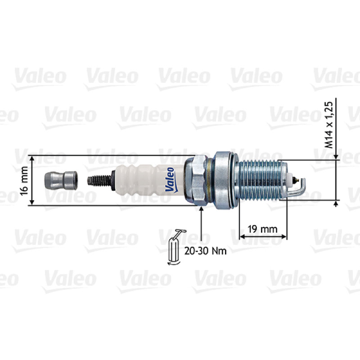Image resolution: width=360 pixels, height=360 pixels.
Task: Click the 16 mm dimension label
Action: click(24, 181)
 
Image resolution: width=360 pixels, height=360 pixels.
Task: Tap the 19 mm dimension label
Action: click(263, 229)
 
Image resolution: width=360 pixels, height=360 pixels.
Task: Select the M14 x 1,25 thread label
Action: click(328, 125)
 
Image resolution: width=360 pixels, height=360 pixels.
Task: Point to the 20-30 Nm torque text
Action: click(206, 251)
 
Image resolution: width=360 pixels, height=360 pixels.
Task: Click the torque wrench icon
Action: click(175, 247)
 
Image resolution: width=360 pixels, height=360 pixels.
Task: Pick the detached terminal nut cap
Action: click(61, 180)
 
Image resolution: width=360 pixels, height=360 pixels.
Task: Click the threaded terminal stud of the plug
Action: click(99, 180)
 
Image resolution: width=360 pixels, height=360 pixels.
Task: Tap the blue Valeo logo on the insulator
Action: click(170, 180)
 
